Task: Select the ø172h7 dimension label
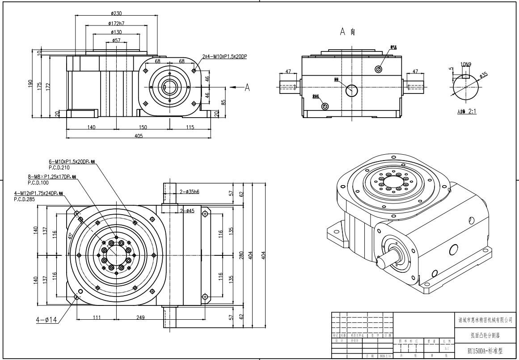(x=116, y=23)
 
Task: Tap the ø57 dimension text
(x=116, y=40)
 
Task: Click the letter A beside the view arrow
(x=246, y=88)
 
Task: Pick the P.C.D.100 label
(x=39, y=183)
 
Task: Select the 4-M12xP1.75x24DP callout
(x=36, y=194)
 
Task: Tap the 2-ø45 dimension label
(x=187, y=211)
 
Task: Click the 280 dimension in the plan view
(x=241, y=255)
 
